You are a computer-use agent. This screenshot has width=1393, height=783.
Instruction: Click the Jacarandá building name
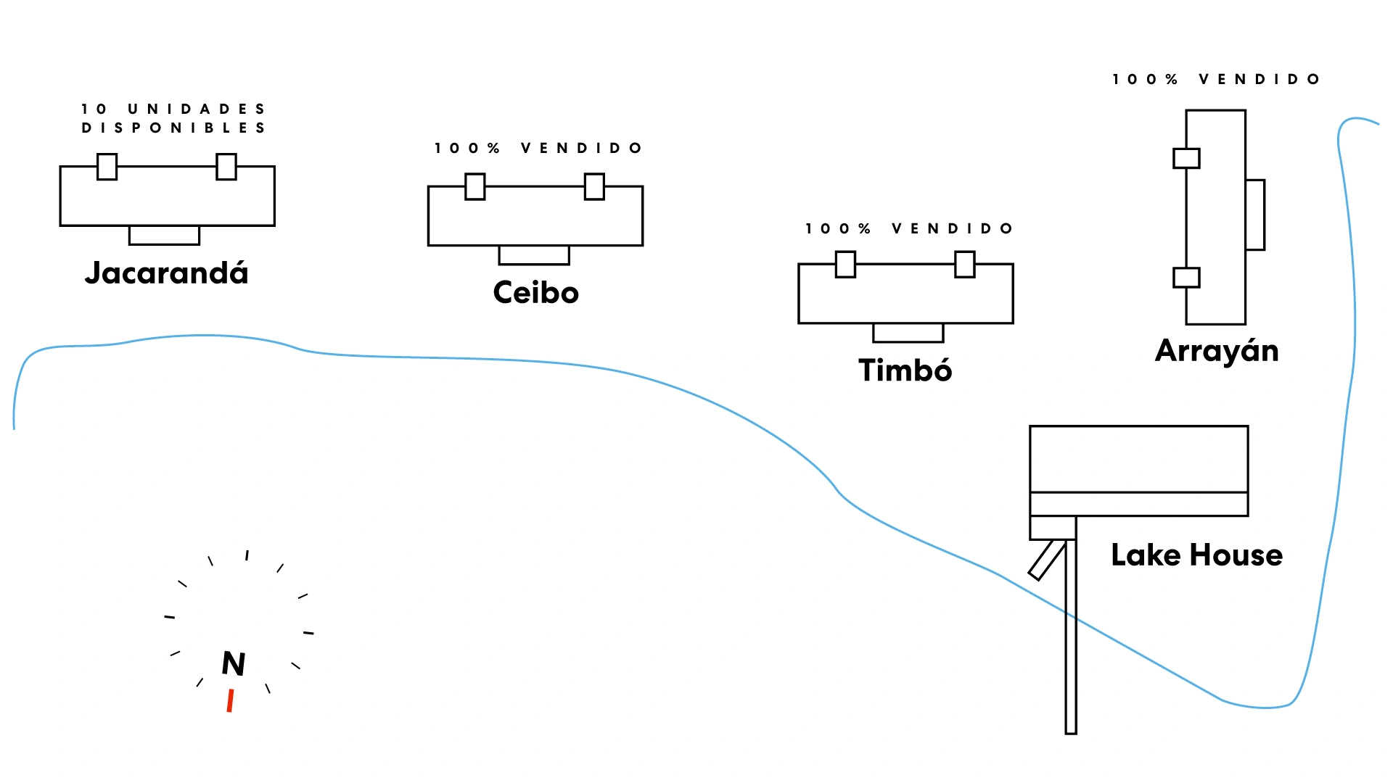coord(166,273)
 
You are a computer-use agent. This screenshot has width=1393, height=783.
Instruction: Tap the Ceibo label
coord(535,293)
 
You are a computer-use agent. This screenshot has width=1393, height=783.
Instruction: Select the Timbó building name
coord(905,370)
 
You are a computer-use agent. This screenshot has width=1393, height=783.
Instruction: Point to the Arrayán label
coord(1217,351)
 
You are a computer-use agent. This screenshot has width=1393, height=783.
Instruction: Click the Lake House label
coord(1196,555)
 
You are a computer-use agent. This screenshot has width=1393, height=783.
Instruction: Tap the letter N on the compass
coord(234,663)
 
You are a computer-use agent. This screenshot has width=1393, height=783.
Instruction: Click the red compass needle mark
coord(230,701)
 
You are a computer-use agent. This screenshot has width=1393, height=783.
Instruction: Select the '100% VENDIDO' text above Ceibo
coord(538,149)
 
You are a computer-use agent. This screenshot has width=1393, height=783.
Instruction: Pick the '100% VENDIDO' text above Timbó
coord(909,229)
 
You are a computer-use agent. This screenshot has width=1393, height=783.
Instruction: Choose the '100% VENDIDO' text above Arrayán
coord(1216,79)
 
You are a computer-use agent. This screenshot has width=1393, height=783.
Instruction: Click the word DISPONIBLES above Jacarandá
coord(173,128)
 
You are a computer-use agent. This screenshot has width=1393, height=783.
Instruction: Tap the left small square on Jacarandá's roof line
coord(107,167)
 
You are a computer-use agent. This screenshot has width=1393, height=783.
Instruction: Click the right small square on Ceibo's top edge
coord(594,186)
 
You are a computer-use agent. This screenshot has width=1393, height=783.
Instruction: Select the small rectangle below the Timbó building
coord(908,333)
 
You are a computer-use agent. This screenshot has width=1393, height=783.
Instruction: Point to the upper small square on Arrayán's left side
coord(1186,158)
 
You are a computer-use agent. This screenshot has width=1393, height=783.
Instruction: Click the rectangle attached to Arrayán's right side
coord(1255,215)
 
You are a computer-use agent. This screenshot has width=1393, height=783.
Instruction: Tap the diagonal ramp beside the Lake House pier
coord(1047,560)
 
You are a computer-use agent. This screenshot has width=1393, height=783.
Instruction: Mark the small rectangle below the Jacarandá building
coord(164,235)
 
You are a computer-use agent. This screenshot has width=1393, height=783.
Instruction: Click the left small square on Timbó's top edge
coord(845,265)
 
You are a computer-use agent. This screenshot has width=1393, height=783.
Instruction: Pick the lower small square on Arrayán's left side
coord(1186,278)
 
